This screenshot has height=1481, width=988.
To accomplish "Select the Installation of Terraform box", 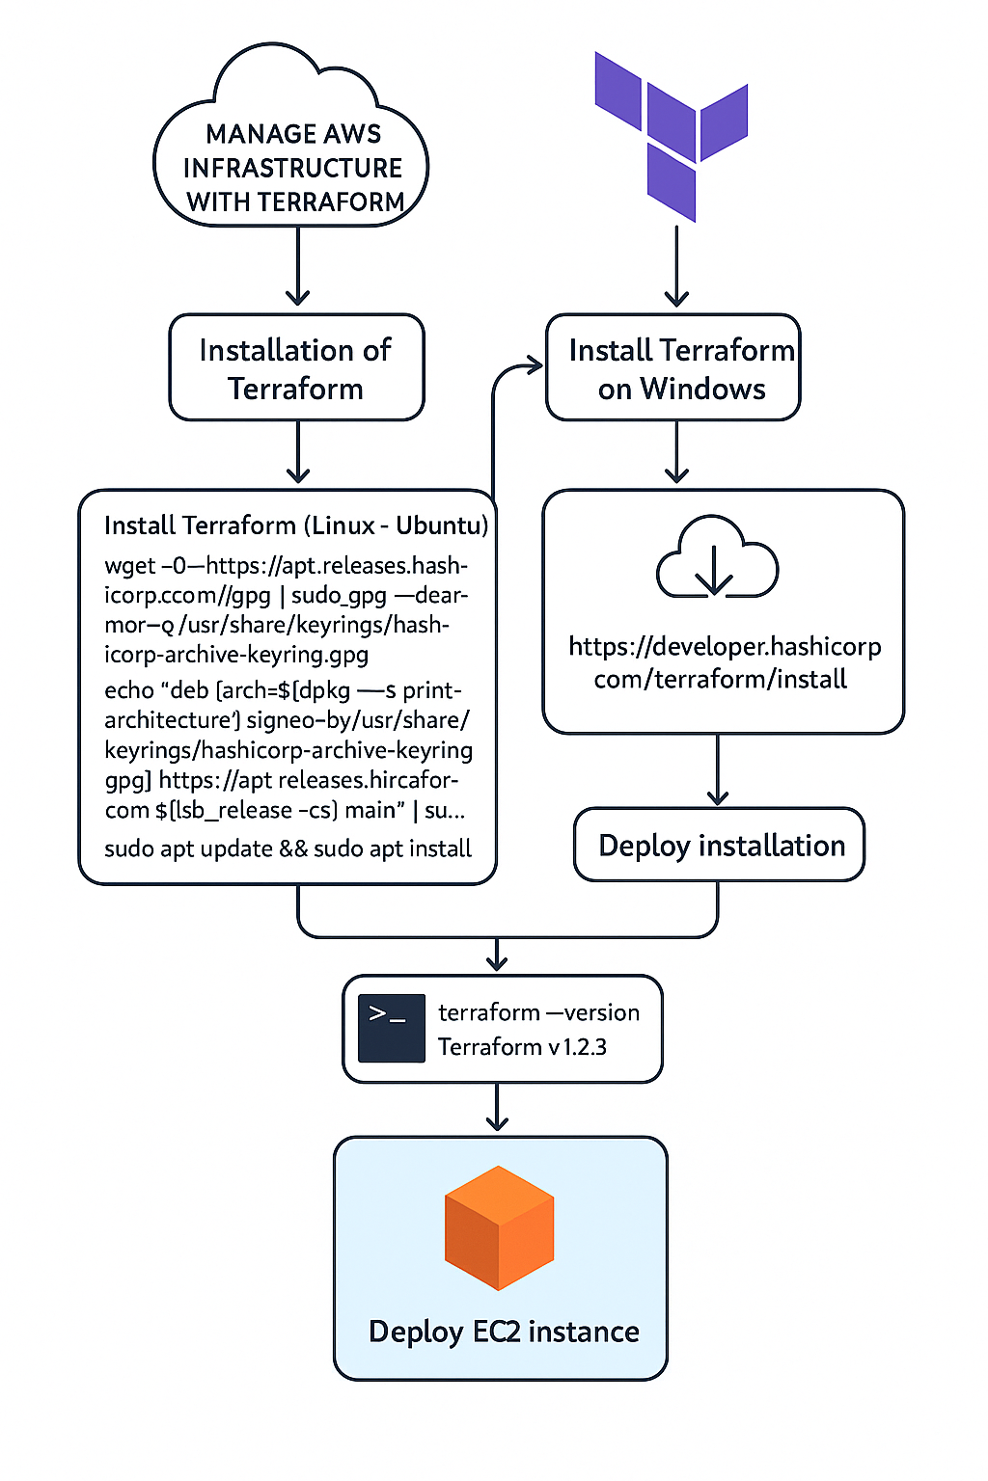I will pos(296,368).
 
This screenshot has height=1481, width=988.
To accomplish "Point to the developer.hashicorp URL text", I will pos(723,662).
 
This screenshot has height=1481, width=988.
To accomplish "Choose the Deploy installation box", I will pos(720,846).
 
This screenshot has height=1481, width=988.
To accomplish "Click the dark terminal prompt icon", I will pos(391,1029).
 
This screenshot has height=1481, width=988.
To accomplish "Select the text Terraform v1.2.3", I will pos(522,1047).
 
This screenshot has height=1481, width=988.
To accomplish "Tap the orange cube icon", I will pos(499,1227).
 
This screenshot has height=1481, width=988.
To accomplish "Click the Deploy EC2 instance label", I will pos(504,1332).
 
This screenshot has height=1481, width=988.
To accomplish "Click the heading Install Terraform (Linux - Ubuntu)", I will pos(295,525).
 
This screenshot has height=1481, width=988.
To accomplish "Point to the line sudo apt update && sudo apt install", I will pos(288,848).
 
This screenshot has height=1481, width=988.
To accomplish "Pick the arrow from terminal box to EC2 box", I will pos(497,1108).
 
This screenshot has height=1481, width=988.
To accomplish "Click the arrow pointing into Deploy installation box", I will pos(718,771).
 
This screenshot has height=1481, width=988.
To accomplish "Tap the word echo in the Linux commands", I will pos(128,690).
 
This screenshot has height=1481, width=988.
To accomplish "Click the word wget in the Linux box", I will pos(129,566).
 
